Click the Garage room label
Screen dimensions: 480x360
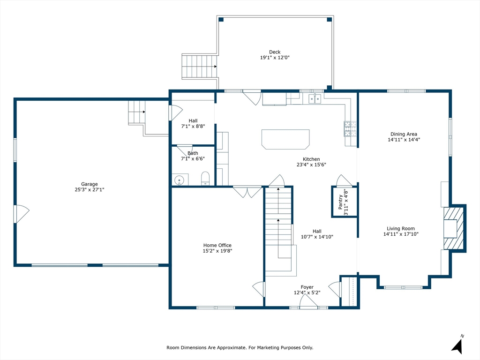(90, 184)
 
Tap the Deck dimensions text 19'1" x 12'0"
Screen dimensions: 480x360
(275, 58)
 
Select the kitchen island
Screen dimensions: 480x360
(285, 139)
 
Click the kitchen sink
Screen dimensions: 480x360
(315, 98)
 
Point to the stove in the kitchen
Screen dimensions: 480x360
(350, 128)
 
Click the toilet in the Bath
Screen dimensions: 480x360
(205, 179)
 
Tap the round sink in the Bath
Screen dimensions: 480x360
(179, 180)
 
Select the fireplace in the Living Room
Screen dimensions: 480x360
(454, 228)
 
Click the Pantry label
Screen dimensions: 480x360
(340, 202)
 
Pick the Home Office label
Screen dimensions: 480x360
(217, 245)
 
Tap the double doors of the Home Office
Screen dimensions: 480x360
(247, 192)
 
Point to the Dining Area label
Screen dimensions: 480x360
(404, 134)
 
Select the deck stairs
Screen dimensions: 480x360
(200, 67)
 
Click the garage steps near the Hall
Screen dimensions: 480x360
(136, 112)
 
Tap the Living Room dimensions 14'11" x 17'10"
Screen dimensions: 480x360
(401, 234)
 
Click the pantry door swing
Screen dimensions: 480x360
(344, 180)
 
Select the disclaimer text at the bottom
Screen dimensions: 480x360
(240, 347)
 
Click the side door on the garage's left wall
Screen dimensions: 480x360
(21, 214)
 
